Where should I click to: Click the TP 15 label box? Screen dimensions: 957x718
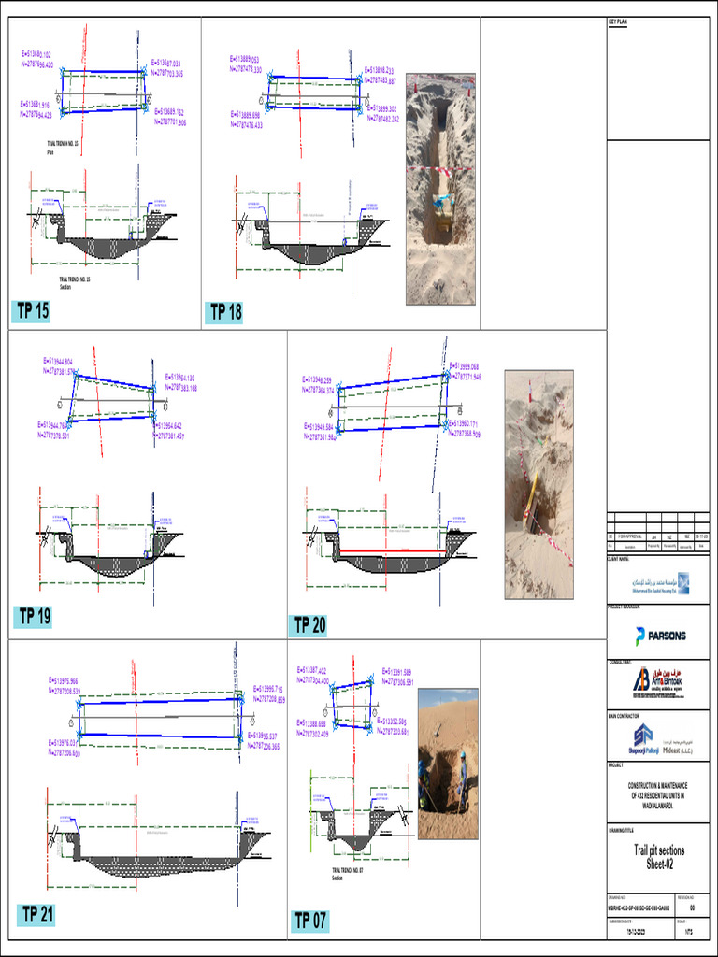click(x=33, y=312)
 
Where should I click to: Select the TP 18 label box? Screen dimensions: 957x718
click(x=225, y=312)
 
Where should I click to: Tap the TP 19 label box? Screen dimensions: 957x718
click(x=33, y=616)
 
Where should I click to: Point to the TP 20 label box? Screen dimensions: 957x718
click(x=309, y=625)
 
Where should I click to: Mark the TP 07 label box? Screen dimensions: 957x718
click(x=311, y=921)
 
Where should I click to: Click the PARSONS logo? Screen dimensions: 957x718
click(x=660, y=636)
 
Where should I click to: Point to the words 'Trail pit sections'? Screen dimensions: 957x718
click(x=659, y=850)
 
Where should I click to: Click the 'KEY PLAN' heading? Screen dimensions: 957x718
click(x=622, y=21)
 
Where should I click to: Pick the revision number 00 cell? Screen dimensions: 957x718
click(x=692, y=907)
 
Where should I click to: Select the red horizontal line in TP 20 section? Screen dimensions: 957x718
click(x=392, y=552)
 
